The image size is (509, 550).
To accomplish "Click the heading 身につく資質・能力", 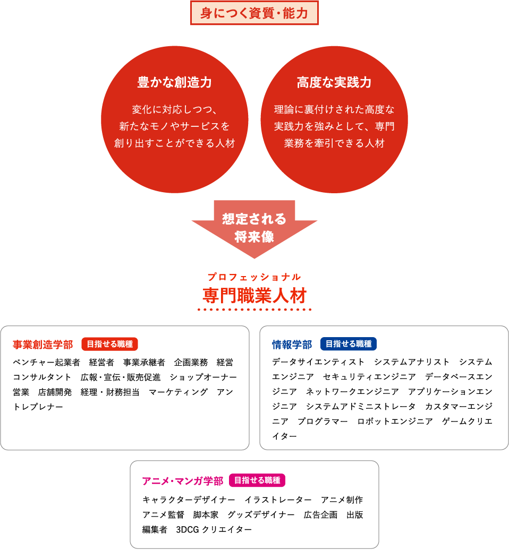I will tap(254, 13).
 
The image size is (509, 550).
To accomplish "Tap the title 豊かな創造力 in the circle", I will tap(175, 83).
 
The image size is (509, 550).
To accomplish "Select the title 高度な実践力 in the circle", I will tap(334, 83).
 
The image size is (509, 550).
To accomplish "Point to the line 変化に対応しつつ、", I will tap(175, 110).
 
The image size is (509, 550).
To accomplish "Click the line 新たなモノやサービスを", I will tap(175, 126).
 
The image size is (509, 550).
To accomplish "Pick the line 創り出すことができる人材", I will tap(175, 143).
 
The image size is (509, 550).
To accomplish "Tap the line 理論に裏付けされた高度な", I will tap(334, 110).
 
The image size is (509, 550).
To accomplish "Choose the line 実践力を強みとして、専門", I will tap(334, 126).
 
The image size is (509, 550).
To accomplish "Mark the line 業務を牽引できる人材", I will tap(334, 143).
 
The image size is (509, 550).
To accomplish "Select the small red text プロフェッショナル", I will tap(254, 277).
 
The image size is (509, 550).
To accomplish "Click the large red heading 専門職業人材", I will tap(254, 295).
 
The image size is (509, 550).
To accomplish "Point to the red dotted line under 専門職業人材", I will tap(254, 309).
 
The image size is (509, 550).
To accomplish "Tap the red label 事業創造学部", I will tap(43, 345).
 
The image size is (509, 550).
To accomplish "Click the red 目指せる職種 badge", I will tap(109, 344).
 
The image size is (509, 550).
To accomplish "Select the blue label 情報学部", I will tap(292, 345).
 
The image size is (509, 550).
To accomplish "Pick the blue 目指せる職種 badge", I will tap(349, 344).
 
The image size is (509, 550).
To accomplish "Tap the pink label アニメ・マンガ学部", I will tap(182, 481).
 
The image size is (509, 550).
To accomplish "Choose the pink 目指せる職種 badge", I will tap(257, 480).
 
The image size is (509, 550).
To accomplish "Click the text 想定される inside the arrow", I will tap(254, 219).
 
